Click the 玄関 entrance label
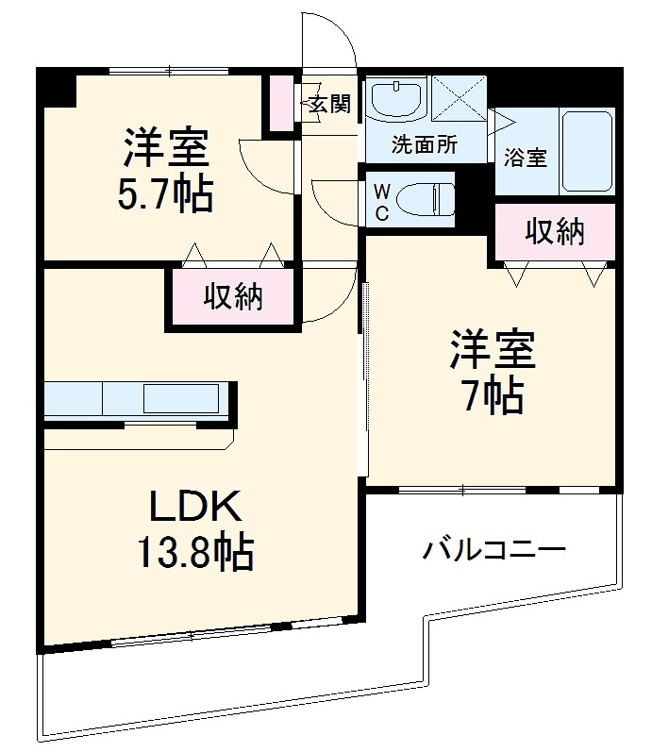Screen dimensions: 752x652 (x=330, y=104)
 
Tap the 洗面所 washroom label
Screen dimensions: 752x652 (x=425, y=146)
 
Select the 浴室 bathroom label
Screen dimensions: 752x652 (x=526, y=158)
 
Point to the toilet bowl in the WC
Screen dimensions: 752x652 (x=423, y=199)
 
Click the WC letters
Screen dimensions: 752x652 (x=382, y=201)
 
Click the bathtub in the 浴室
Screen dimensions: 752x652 (x=587, y=151)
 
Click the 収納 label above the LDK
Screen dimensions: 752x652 (x=233, y=298)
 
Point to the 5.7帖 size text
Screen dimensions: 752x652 (x=164, y=194)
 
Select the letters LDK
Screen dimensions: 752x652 (x=197, y=508)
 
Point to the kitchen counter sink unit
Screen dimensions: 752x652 (x=138, y=398)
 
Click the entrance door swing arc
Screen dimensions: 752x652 (x=330, y=38)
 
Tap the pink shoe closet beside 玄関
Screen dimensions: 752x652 (x=281, y=102)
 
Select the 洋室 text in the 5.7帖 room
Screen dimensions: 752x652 (x=164, y=149)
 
